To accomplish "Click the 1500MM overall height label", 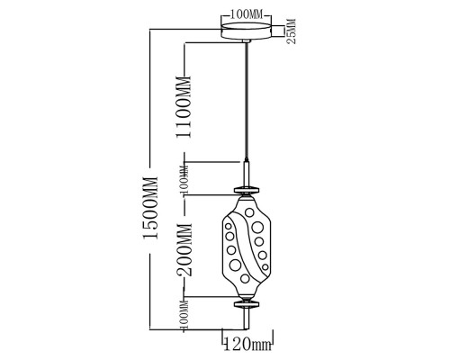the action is coord(150,208).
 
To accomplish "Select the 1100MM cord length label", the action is coord(184,107).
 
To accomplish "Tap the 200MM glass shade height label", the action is coord(184,250).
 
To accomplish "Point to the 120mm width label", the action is coord(247,344).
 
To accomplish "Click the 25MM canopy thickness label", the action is coord(292,31).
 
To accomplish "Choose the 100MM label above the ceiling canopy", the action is coord(246,14).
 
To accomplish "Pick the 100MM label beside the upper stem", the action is coord(184,179).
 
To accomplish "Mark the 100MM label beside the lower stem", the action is coord(184,315).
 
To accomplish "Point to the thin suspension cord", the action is coord(247,102).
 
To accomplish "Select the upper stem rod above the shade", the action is coord(247,175).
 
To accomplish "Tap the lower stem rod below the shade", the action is coord(247,319).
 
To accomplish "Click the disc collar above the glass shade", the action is coord(247,190).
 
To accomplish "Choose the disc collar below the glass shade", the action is coord(247,304).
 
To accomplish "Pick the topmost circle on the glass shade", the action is coord(249,212).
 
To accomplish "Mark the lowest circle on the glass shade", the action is coord(245,278).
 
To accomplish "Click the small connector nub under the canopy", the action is coord(246,41).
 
